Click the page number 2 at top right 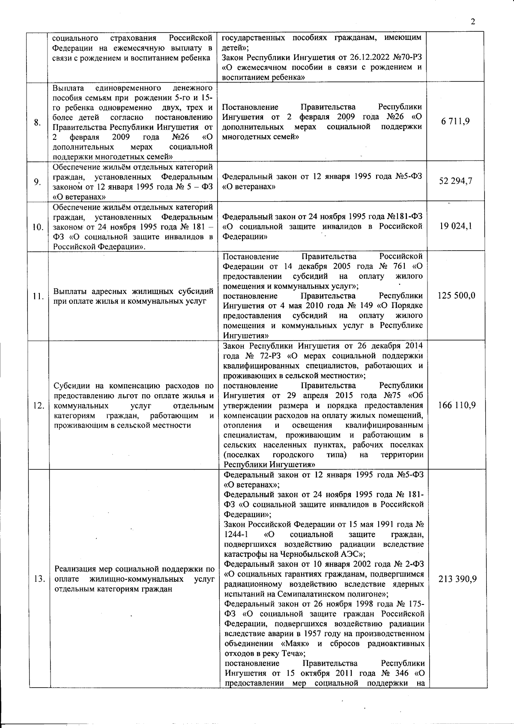pyautogui.click(x=473, y=22)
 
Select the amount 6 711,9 pyautogui.click(x=455, y=121)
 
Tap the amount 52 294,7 pyautogui.click(x=455, y=181)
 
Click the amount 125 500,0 pyautogui.click(x=456, y=296)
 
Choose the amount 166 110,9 pyautogui.click(x=456, y=405)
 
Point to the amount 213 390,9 pyautogui.click(x=457, y=579)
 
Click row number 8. pyautogui.click(x=38, y=122)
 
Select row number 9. pyautogui.click(x=38, y=181)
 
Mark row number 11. pyautogui.click(x=38, y=296)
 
